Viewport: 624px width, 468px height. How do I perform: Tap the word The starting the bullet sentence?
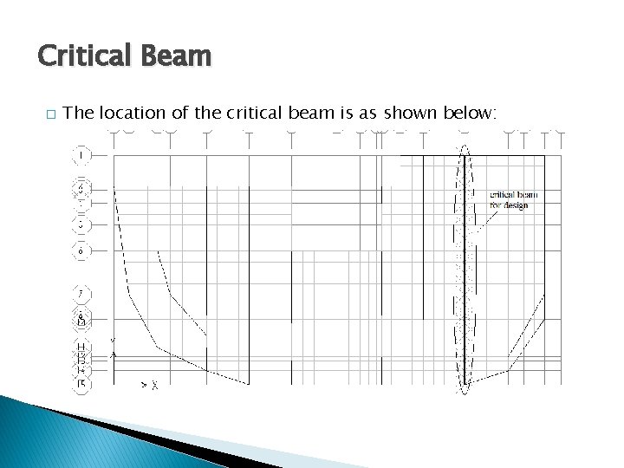pyautogui.click(x=79, y=113)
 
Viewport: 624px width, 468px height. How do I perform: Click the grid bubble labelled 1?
pyautogui.click(x=81, y=156)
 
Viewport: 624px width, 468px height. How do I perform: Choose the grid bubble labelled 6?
pyautogui.click(x=81, y=251)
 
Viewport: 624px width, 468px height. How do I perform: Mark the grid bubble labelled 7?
pyautogui.click(x=81, y=293)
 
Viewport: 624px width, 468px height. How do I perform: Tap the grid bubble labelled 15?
pyautogui.click(x=81, y=383)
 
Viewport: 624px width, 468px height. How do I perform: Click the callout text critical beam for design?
pyautogui.click(x=512, y=199)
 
